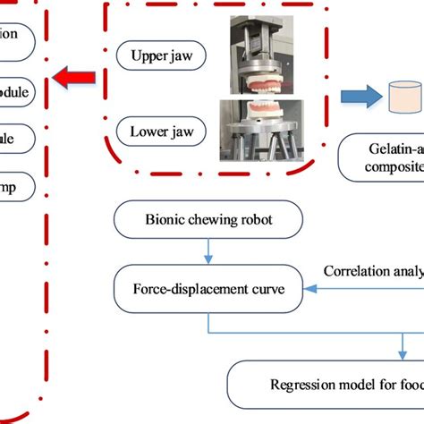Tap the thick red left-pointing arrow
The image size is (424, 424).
coord(76,79)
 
